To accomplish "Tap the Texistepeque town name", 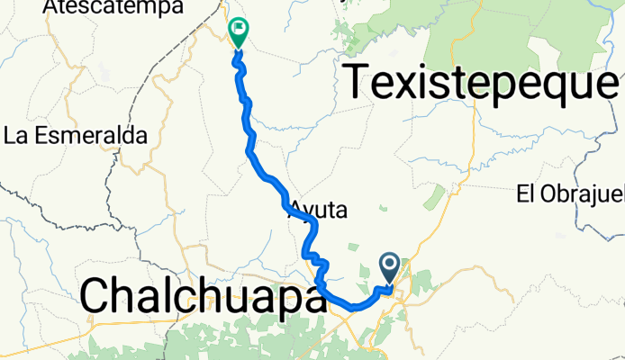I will click(482, 84).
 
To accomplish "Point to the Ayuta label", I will click(317, 210).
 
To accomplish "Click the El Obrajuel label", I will click(570, 193).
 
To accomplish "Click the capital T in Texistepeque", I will click(358, 83).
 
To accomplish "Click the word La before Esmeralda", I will click(17, 137).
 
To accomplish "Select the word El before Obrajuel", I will click(526, 193).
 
